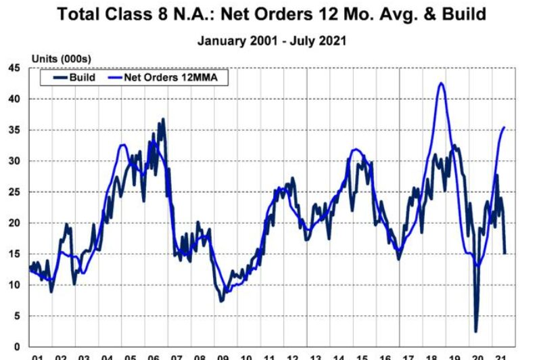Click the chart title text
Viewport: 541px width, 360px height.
click(271, 14)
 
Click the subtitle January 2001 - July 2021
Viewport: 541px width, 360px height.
click(272, 41)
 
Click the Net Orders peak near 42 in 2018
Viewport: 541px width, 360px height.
click(442, 83)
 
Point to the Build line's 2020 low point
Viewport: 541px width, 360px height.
click(476, 331)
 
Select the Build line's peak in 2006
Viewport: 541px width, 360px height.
click(163, 120)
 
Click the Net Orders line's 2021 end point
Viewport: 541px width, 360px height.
click(504, 127)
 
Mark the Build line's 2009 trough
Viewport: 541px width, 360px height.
click(221, 300)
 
